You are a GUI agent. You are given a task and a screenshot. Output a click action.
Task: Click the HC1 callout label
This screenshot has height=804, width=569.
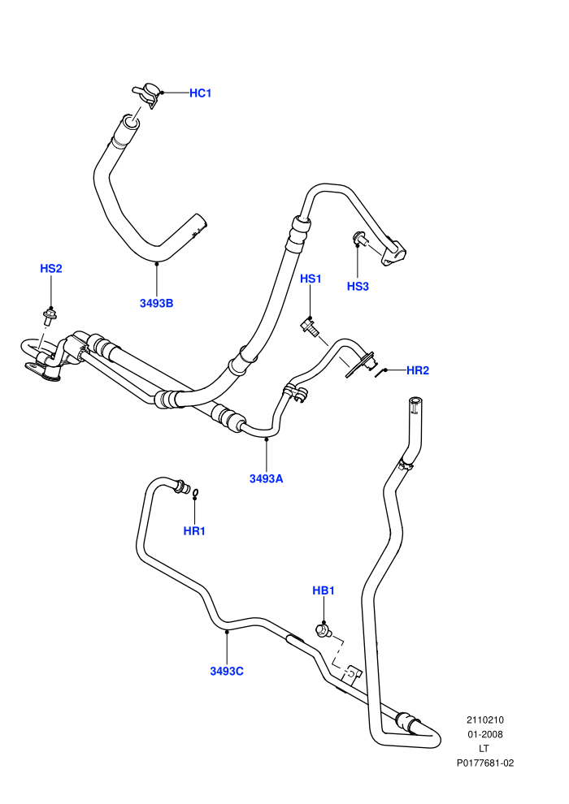[200, 93]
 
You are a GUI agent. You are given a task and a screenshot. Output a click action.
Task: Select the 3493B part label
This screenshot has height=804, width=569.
[157, 303]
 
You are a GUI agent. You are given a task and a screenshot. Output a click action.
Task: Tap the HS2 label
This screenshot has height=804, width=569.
[50, 268]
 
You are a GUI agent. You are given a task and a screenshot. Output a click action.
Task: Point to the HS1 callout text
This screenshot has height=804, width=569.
[311, 279]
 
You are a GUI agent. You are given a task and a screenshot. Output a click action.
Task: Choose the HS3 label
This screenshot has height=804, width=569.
[358, 286]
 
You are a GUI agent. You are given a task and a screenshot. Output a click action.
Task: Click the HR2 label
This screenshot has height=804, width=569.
[418, 370]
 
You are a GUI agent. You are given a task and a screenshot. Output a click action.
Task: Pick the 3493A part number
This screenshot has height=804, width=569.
[267, 478]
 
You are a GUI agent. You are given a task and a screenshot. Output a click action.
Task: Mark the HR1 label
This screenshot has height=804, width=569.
[194, 530]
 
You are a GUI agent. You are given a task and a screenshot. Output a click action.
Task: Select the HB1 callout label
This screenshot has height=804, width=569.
[324, 590]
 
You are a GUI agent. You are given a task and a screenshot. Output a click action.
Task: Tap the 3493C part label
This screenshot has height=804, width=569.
[227, 671]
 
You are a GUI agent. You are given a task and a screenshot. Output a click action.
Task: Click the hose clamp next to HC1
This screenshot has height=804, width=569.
[147, 94]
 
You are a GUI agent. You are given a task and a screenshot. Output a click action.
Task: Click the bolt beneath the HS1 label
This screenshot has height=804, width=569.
[310, 326]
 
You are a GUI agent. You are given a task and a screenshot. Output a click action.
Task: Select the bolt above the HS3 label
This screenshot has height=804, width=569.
[359, 239]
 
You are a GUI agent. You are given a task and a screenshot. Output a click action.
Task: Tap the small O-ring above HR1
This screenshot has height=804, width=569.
[195, 493]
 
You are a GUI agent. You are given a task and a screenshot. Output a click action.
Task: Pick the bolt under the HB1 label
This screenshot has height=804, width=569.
[322, 631]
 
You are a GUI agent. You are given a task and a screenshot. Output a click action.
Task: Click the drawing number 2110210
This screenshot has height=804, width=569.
[484, 720]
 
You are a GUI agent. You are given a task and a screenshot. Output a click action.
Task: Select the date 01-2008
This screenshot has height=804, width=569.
[484, 734]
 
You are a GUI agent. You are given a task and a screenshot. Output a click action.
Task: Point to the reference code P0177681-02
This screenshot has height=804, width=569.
[484, 763]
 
